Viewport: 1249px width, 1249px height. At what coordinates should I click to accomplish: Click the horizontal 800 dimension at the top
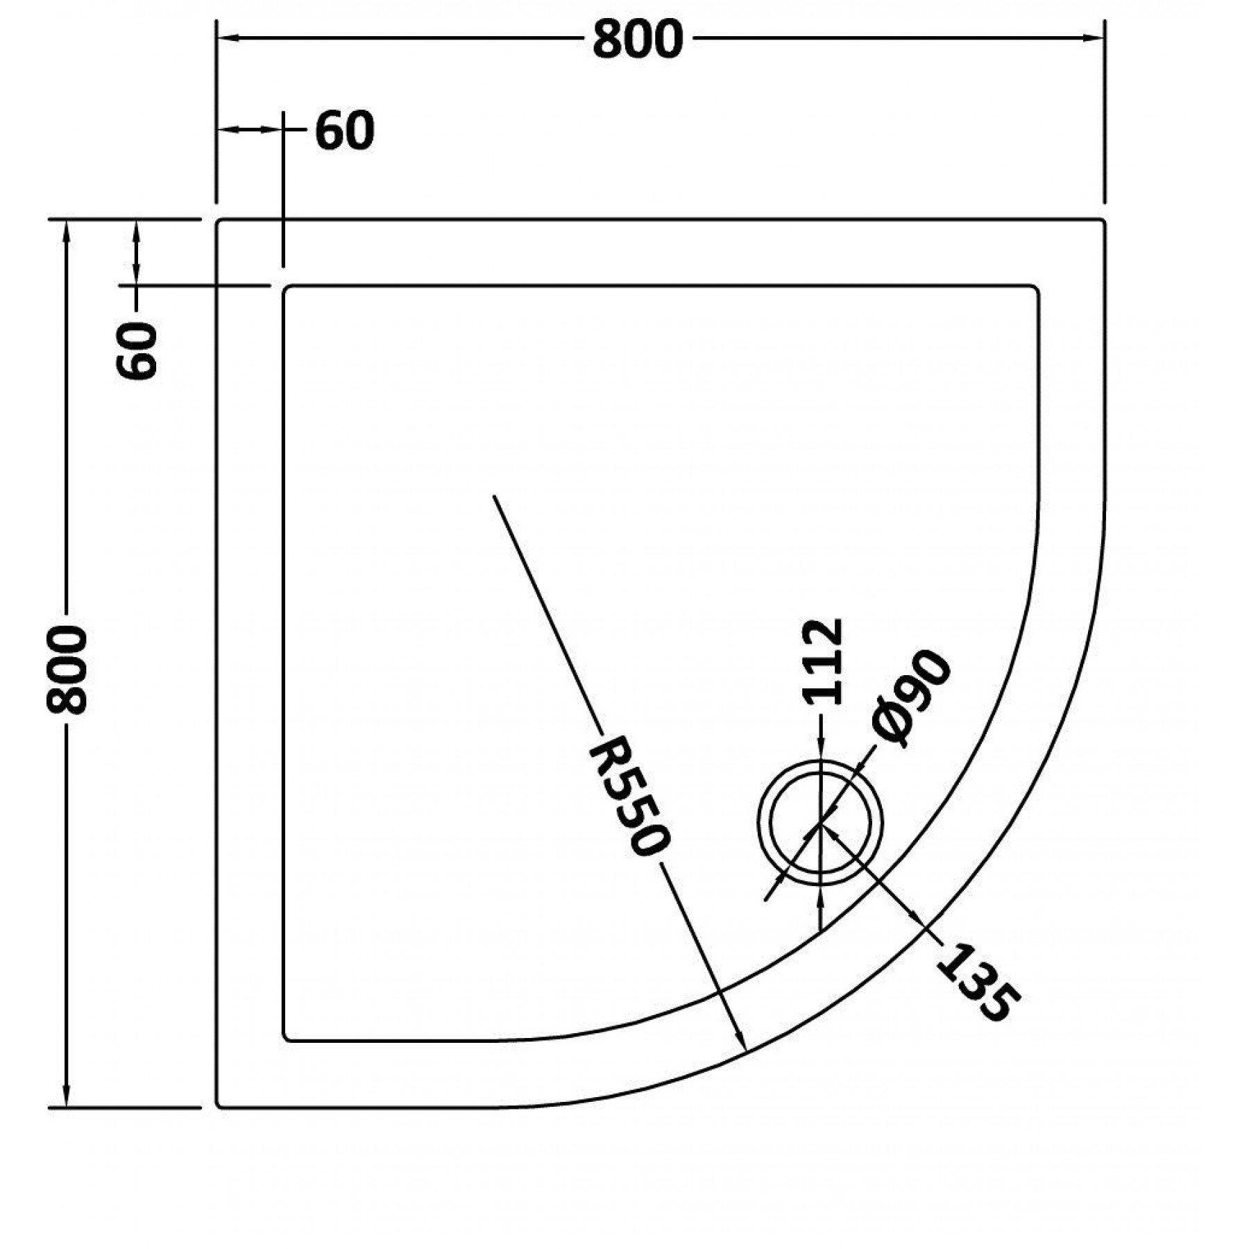click(638, 40)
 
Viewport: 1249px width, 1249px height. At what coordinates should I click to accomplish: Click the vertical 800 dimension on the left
click(67, 669)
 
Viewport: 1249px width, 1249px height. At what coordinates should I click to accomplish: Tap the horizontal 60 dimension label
click(345, 130)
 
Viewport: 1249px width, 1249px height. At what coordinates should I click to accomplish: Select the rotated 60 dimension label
click(139, 350)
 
